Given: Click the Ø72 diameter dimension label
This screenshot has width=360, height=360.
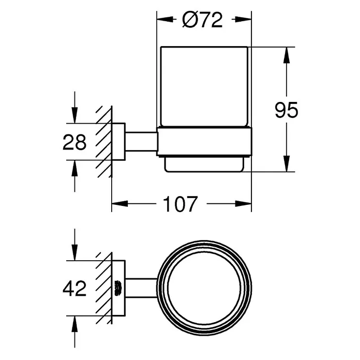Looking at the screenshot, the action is click(x=202, y=20).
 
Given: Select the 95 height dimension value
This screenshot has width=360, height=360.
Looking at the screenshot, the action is click(x=287, y=110).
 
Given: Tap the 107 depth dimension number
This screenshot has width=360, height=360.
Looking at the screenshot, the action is click(x=180, y=204).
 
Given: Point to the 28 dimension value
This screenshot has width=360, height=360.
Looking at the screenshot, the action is click(x=74, y=142).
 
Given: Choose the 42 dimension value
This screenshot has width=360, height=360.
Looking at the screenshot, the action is click(x=74, y=289).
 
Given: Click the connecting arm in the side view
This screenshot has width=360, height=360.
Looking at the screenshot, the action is click(x=141, y=142).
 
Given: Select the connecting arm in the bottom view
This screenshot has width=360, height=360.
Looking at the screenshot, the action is click(x=141, y=288).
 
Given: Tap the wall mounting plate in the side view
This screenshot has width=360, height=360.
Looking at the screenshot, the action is click(x=118, y=142).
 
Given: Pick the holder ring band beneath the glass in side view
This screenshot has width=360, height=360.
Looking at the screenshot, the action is click(x=204, y=142).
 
